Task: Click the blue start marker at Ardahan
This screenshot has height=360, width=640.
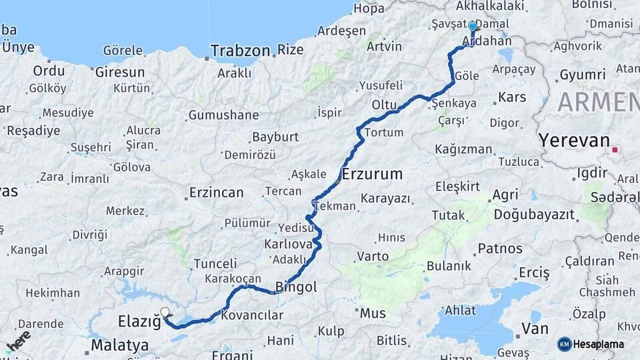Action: click(473, 27)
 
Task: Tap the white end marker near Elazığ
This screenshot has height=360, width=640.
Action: click(165, 312)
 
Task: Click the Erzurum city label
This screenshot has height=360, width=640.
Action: click(372, 175)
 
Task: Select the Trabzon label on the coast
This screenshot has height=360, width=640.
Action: click(240, 51)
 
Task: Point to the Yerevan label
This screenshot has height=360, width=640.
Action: click(574, 141)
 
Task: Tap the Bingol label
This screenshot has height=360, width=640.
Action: click(295, 288)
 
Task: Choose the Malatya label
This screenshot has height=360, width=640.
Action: click(119, 345)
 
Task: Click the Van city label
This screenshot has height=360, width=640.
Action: click(535, 328)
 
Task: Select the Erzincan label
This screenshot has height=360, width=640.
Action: click(216, 193)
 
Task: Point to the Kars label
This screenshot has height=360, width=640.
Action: click(512, 98)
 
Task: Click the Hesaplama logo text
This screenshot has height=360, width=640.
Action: click(598, 344)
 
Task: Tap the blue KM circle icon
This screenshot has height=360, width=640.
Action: click(564, 344)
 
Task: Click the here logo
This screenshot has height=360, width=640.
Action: click(19, 341)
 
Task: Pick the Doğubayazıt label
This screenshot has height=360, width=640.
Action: click(533, 215)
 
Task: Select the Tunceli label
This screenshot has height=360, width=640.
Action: click(215, 264)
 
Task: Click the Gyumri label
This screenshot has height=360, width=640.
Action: click(583, 75)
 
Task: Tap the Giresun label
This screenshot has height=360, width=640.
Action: click(120, 72)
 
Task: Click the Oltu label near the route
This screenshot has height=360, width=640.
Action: click(384, 105)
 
